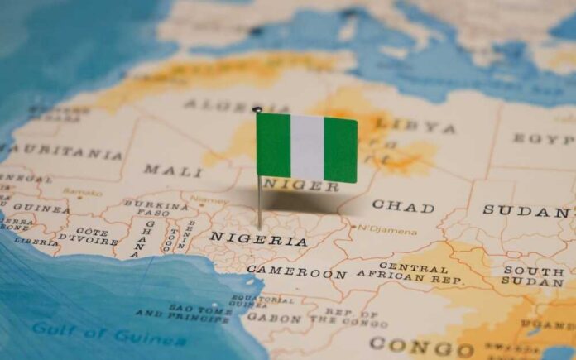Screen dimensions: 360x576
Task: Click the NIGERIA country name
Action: [x=257, y=239]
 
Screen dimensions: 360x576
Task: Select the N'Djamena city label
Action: [x=387, y=230]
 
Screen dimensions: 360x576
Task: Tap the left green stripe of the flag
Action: [x=273, y=145]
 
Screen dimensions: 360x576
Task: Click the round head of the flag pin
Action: [x=257, y=109]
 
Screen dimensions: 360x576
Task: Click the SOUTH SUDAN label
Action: [x=533, y=277]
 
